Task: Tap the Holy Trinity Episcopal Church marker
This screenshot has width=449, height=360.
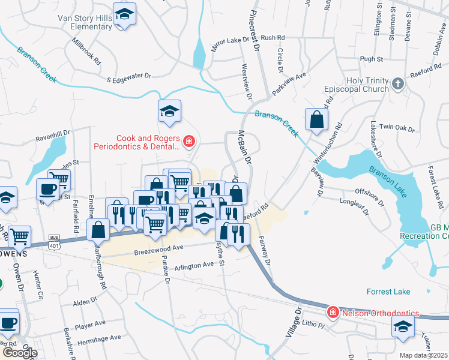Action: [x=397, y=85]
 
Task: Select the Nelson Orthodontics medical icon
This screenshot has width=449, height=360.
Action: [x=333, y=313]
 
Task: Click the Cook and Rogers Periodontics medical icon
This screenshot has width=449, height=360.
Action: [x=188, y=142]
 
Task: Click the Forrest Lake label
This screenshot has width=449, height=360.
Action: [x=388, y=292]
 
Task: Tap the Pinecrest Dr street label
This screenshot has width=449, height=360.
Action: [x=255, y=29]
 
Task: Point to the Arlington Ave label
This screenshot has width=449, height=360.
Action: [x=193, y=265]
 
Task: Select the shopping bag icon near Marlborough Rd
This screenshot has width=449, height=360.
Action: [x=98, y=229]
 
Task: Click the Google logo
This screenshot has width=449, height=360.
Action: [x=19, y=353]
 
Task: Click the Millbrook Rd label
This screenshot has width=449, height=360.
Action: [x=86, y=52]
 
